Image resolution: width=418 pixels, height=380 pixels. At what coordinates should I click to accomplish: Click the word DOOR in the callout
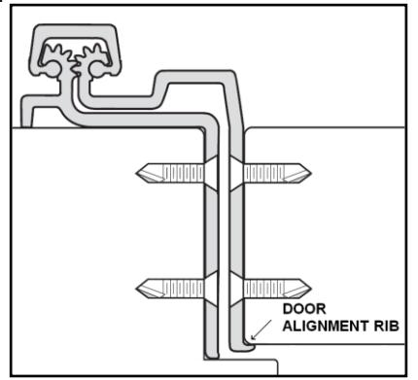coord(304,309)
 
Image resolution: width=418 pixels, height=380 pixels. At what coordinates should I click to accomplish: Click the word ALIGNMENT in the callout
coord(326,326)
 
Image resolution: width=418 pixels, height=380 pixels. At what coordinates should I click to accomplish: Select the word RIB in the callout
coord(387,326)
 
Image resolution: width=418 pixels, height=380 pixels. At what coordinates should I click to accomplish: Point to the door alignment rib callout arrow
coord(261,329)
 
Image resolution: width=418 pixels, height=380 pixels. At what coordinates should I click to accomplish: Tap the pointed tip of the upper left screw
coord(137,173)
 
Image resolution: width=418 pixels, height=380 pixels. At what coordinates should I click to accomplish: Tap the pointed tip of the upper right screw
coord(310,173)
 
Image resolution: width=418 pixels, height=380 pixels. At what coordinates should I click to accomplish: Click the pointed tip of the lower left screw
coord(137,288)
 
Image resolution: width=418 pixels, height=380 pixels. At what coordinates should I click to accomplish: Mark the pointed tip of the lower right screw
coord(310,288)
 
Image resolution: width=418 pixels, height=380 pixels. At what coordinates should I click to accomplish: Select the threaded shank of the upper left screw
coord(183,173)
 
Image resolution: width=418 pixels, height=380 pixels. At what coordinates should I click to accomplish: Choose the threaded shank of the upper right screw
coord(264,173)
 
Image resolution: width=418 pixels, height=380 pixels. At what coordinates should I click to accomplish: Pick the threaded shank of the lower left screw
coord(183,288)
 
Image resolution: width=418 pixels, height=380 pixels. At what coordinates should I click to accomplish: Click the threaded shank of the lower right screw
coord(264,288)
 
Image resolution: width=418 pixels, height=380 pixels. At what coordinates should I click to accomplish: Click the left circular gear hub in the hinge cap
coord(52,69)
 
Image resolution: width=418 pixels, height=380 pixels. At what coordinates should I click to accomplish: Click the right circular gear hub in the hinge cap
coord(96,69)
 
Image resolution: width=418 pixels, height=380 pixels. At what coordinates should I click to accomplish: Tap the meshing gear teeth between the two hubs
coord(75,66)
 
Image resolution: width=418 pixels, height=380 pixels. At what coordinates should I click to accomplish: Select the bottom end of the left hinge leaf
coord(212,356)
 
